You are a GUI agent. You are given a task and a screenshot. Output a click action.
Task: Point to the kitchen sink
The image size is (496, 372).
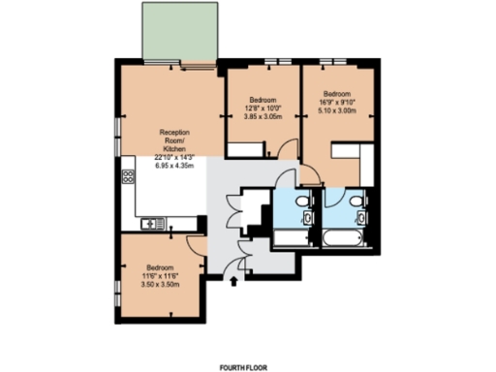152,225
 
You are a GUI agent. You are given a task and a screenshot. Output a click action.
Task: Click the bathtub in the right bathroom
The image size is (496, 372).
344,238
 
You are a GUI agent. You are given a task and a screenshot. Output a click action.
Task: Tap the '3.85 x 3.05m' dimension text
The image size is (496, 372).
264,116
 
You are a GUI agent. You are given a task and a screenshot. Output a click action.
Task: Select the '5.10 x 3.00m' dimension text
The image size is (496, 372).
337,109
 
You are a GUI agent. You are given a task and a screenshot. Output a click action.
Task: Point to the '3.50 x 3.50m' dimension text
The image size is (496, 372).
160,284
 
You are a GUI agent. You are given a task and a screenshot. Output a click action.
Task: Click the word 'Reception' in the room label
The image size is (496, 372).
175,132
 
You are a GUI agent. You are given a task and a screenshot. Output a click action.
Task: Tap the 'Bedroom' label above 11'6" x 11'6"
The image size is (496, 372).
160,266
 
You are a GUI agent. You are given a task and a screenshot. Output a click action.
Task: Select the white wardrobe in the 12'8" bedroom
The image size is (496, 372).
250,149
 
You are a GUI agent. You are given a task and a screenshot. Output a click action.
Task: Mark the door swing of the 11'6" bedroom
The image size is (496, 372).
194,246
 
